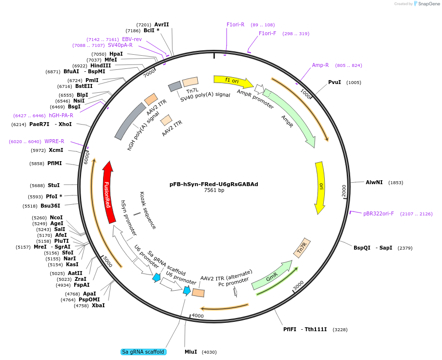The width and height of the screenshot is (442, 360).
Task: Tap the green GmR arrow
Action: coord(272,275)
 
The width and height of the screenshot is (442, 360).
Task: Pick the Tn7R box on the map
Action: coord(302,248)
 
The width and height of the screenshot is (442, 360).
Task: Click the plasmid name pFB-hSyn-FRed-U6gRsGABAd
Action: coord(213,184)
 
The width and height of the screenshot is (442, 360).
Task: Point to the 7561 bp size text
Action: coord(214,191)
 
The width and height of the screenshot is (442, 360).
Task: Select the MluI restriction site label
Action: coord(191,352)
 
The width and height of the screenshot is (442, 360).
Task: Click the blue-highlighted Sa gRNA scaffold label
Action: coord(143,352)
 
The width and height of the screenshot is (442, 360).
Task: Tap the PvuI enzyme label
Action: coord(335,82)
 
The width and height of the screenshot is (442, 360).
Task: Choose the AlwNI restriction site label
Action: coord(374,182)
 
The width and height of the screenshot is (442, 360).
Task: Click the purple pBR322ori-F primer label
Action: coord(379,213)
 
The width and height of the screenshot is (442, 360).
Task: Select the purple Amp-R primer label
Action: coord(320,65)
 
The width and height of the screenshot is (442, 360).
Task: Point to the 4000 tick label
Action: coord(198,316)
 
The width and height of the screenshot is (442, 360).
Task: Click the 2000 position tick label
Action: coord(344,191)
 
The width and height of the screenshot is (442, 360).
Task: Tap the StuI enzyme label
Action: coord(54,185)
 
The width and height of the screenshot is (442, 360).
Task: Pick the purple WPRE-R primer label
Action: coord(54,141)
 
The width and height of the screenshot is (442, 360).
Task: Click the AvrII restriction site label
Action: coord(162,24)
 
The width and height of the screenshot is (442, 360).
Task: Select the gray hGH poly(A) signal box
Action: coord(130,121)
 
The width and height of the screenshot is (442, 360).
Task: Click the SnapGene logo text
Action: coord(429,4)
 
